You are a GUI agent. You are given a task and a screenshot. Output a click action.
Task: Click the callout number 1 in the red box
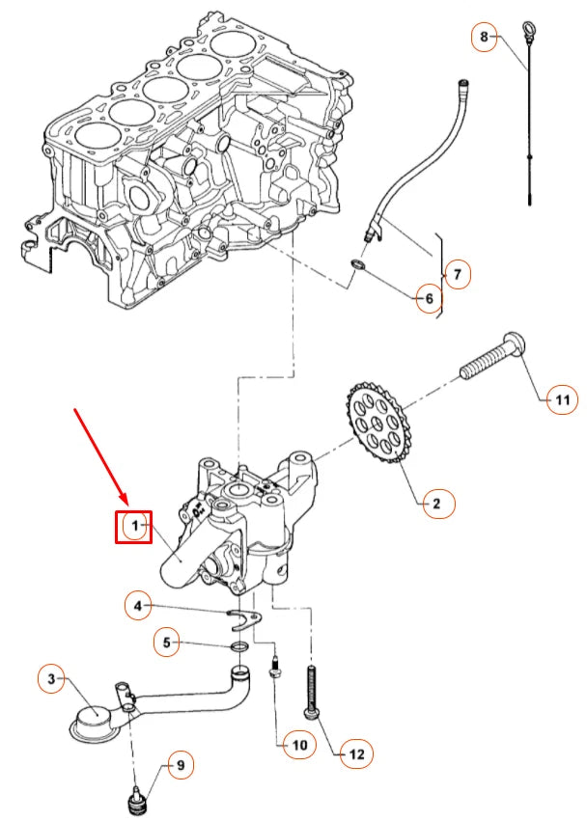pos(135,526)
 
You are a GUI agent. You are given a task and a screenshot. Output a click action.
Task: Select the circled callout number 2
pos(434,503)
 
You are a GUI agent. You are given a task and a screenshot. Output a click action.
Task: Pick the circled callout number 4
pos(138,606)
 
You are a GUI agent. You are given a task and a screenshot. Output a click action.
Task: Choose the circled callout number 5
pos(166,642)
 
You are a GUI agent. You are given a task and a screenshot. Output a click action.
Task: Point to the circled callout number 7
pos(457,274)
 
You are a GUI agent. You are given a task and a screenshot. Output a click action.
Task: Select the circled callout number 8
pos(484,38)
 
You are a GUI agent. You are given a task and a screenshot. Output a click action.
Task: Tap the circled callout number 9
pos(178,767)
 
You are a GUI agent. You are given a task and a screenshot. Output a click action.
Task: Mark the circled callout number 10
pos(298,744)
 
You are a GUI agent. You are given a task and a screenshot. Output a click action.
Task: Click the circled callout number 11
pos(561,397)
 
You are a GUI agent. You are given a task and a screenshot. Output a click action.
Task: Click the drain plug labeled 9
pos(136,802)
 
